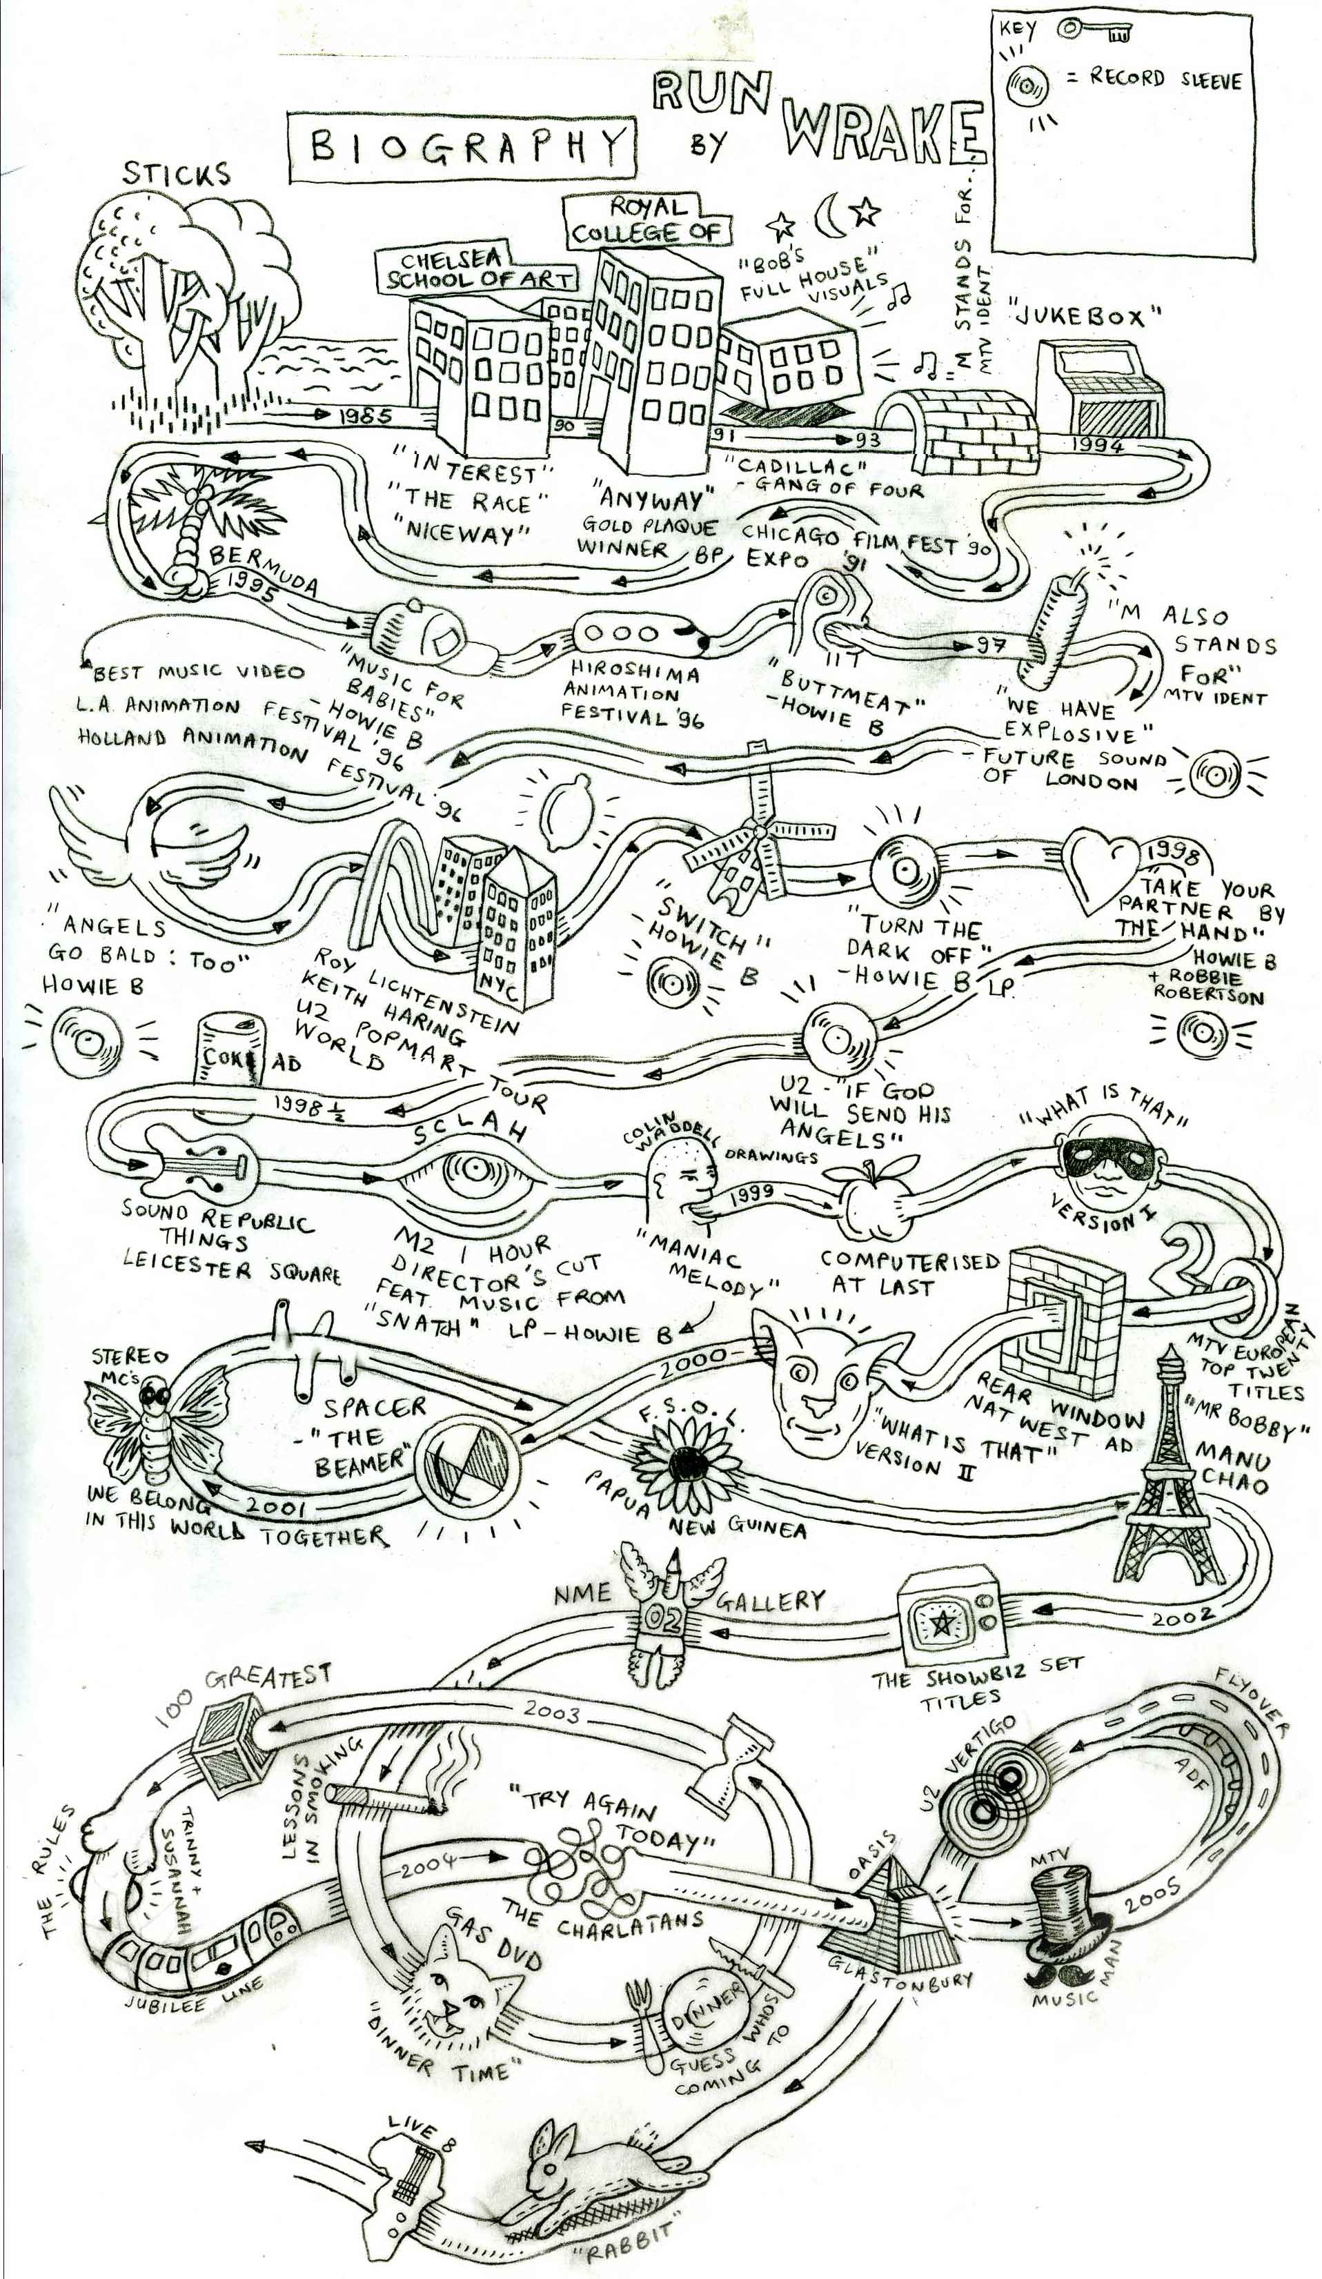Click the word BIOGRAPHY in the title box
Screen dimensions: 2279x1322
coord(461,145)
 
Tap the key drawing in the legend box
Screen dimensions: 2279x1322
coord(1094,32)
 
